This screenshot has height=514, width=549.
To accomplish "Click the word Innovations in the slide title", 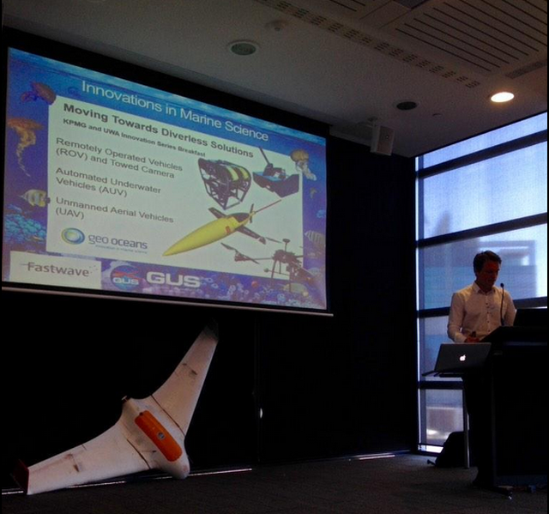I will tap(121, 91).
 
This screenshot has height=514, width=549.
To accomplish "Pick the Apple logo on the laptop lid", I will tap(462, 354).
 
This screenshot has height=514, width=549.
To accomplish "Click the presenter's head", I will tap(486, 267).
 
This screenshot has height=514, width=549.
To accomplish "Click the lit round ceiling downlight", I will tap(502, 97).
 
